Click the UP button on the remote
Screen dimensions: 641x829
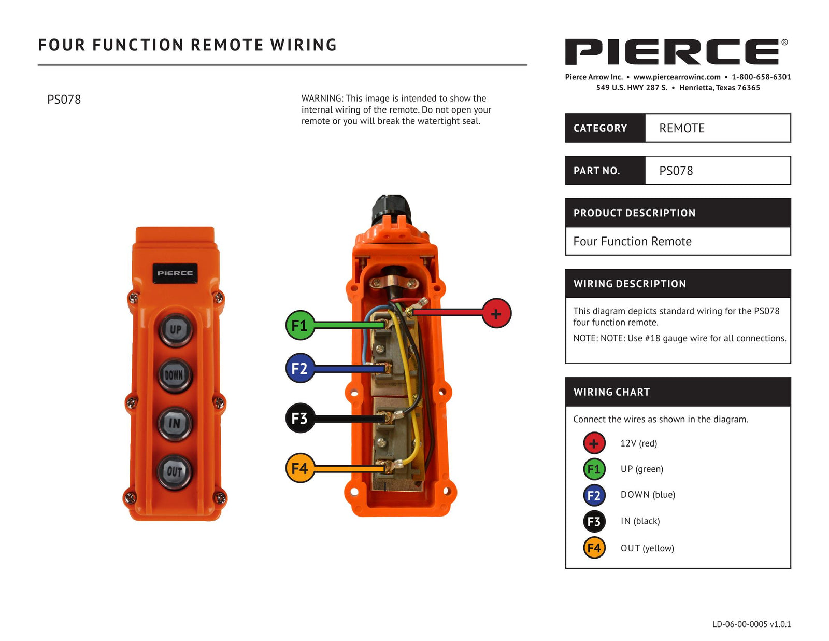click(x=176, y=329)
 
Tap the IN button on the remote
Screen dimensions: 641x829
click(x=175, y=423)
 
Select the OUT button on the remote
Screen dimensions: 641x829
click(x=175, y=471)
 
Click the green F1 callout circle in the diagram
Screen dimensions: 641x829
click(x=300, y=325)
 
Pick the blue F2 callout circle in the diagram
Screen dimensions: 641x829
click(x=300, y=368)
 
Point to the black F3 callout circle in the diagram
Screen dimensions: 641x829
click(x=300, y=418)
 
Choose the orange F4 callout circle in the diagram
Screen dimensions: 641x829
click(x=300, y=468)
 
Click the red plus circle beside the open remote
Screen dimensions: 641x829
click(x=496, y=313)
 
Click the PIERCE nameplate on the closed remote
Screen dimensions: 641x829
click(x=175, y=273)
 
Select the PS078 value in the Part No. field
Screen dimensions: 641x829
click(x=676, y=171)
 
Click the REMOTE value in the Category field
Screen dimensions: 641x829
click(x=681, y=128)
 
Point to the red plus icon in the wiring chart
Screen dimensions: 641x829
click(x=594, y=443)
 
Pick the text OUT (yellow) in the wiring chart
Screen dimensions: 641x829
click(x=647, y=548)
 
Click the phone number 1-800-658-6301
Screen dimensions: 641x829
click(x=761, y=77)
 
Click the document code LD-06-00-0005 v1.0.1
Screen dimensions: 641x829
click(x=751, y=624)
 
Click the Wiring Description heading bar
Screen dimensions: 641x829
click(x=678, y=284)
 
